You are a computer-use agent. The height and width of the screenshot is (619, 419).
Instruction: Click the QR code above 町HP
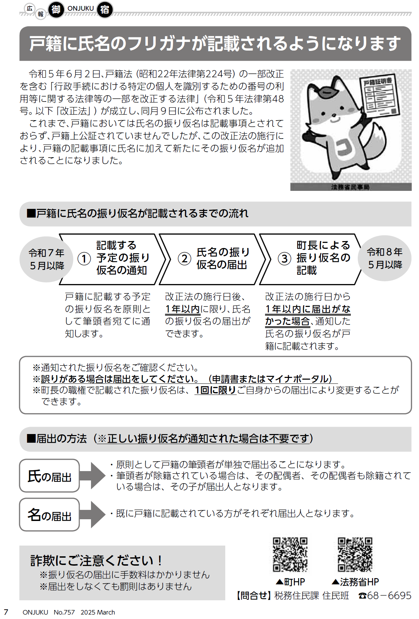pos(290,555)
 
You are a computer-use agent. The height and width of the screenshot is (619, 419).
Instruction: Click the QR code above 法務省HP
pos(355,555)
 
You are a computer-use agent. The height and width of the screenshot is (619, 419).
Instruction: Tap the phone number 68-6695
pos(389,595)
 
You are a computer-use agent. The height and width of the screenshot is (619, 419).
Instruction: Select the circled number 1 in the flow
pos(84,259)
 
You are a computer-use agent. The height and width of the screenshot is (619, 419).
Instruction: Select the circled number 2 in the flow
pos(184,258)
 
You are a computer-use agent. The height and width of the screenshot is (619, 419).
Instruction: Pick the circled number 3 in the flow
pos(284,258)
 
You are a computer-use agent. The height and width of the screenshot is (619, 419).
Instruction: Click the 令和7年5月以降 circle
pos(46,259)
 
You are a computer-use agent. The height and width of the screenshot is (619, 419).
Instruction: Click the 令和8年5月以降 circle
pos(385,258)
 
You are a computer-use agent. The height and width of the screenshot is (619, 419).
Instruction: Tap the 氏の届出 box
pos(49,476)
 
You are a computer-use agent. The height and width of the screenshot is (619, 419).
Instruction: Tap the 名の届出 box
pos(49,514)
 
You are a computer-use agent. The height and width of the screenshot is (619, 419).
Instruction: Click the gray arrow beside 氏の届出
pos(92,476)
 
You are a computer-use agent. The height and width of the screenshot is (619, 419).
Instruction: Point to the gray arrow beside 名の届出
pos(92,514)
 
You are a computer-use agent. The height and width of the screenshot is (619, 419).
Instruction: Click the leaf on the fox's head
pos(326,91)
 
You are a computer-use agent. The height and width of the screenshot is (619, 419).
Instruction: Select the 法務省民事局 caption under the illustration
pos(350,187)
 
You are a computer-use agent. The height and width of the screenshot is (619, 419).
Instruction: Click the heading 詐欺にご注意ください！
pos(96,560)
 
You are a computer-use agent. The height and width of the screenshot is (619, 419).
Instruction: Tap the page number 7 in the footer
pos(6,612)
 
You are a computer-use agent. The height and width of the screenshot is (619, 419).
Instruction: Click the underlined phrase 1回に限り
pos(215,390)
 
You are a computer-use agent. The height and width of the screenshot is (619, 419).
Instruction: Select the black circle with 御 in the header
pos(56,10)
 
